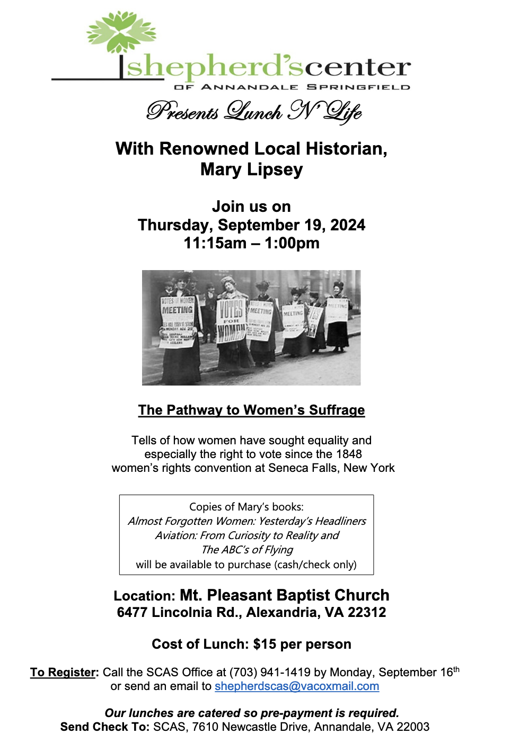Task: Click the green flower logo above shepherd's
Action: coord(121,32)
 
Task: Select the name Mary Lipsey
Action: coord(251,169)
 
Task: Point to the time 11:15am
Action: coord(215,243)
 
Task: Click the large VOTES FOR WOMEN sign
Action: coord(231,321)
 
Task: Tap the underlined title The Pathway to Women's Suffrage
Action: coord(251,410)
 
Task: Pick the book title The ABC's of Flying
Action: coord(247,550)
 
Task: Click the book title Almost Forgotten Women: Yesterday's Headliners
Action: coord(246,521)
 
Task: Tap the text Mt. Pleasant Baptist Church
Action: coord(284,595)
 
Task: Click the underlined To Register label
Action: coord(64,673)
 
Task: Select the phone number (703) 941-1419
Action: coord(270,673)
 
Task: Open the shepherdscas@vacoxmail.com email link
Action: coord(296,686)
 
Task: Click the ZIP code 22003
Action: coord(413,727)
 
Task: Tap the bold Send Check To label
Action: coord(104,727)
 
